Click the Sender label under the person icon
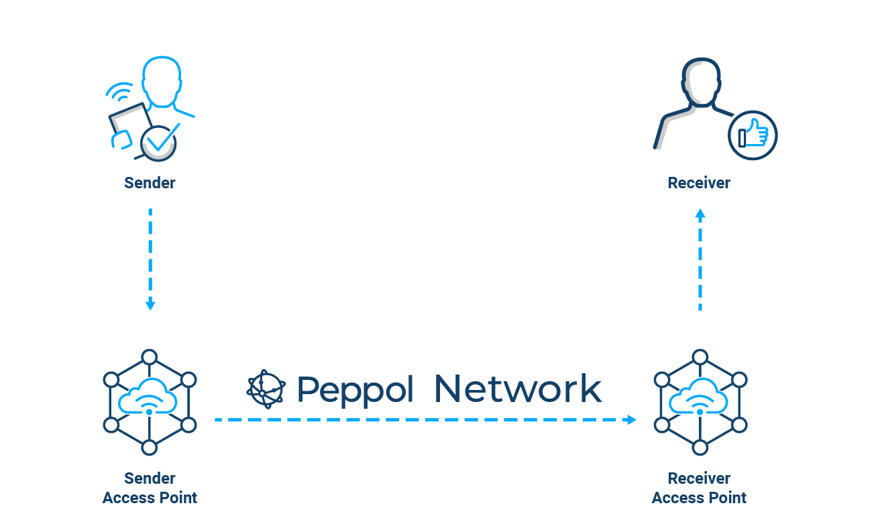[x=150, y=183]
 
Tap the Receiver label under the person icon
[x=699, y=183]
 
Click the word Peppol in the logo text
[x=355, y=389]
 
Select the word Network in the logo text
[x=517, y=389]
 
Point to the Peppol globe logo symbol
[x=266, y=389]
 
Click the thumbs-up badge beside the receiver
[x=753, y=135]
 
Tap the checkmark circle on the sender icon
[x=158, y=143]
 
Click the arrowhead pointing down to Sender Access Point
[x=150, y=306]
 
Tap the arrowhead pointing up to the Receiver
[x=700, y=214]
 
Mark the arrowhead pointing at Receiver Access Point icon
[x=630, y=419]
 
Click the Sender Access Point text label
[x=150, y=488]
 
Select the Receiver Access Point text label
[x=699, y=488]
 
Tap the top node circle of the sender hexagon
[x=150, y=356]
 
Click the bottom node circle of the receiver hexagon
[x=700, y=448]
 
